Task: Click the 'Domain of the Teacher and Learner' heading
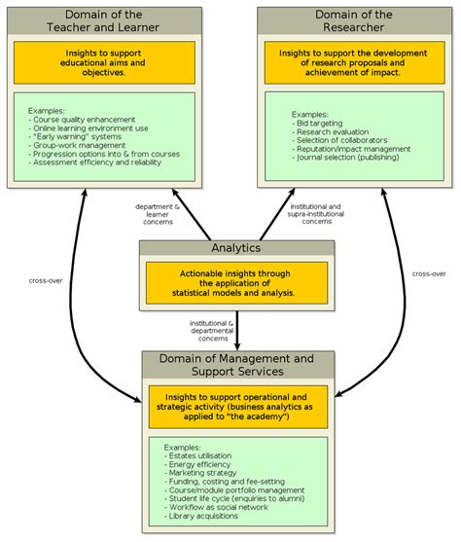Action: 104,20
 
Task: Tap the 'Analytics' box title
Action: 237,248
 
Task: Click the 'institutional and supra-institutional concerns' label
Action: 316,214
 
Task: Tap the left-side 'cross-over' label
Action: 46,280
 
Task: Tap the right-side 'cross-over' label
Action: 428,273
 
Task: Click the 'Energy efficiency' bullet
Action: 203,464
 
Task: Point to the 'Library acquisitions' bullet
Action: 209,516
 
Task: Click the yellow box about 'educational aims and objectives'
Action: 104,61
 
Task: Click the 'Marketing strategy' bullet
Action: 206,473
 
